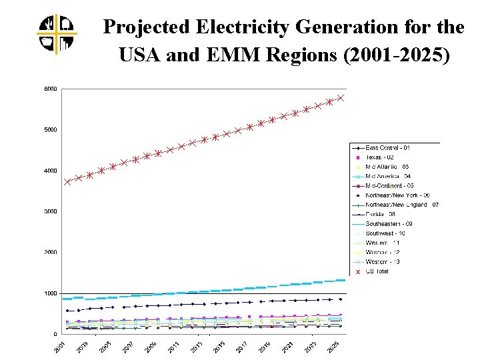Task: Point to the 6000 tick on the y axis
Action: tap(51, 89)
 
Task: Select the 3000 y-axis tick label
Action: tap(51, 211)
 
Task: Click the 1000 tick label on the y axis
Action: tap(51, 293)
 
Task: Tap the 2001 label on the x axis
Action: tap(59, 347)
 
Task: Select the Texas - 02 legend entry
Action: tap(381, 157)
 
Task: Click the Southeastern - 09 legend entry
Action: tap(390, 224)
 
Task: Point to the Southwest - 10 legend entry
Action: tap(387, 233)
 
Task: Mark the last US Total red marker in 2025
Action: tap(341, 97)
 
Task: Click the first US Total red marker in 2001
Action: tap(67, 181)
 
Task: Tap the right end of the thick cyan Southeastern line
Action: tap(343, 280)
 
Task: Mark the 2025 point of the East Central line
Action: tap(341, 299)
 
